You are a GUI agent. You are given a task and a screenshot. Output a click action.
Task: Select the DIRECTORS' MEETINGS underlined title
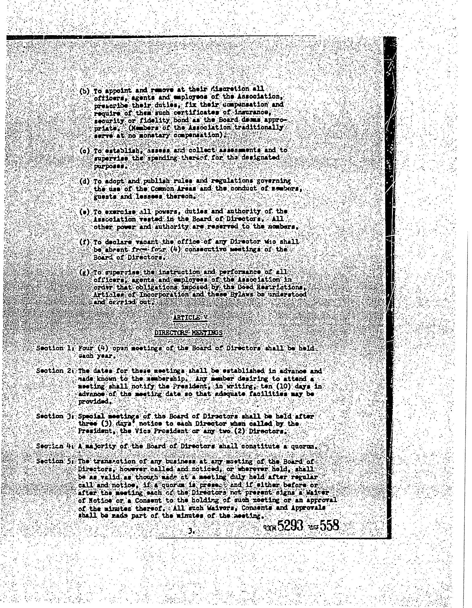click(x=188, y=332)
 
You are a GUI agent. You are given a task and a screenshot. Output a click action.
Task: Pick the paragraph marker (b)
click(x=84, y=91)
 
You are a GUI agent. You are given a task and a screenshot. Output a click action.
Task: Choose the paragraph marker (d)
click(x=84, y=181)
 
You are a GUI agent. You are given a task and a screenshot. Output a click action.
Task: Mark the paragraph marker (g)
click(x=84, y=273)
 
